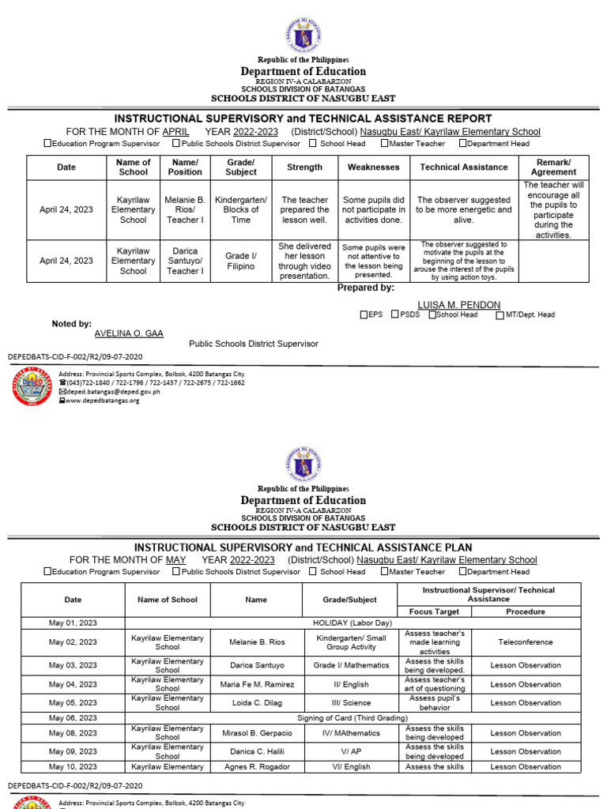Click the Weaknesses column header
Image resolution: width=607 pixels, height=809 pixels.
tap(374, 167)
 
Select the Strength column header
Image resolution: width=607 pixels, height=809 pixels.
tap(304, 167)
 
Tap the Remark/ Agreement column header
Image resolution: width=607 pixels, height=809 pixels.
tap(553, 167)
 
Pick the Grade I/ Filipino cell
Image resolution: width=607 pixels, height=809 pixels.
tap(241, 261)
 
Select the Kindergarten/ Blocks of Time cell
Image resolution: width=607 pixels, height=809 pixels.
tap(241, 210)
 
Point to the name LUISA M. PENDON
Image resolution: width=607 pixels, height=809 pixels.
tap(458, 305)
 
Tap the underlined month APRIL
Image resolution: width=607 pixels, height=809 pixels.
tap(175, 132)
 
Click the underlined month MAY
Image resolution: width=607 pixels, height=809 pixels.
tap(175, 559)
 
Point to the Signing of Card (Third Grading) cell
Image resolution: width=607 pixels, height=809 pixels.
tap(352, 717)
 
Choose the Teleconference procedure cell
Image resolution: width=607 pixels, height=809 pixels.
tap(526, 642)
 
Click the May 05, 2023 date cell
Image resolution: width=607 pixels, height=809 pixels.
tap(73, 702)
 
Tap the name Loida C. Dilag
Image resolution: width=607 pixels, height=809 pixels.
tap(256, 702)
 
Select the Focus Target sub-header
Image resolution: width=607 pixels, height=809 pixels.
tap(434, 611)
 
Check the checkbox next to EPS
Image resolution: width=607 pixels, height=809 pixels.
tap(364, 314)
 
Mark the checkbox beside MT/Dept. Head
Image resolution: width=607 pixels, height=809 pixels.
tap(500, 314)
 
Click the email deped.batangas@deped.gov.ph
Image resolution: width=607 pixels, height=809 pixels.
tap(113, 391)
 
